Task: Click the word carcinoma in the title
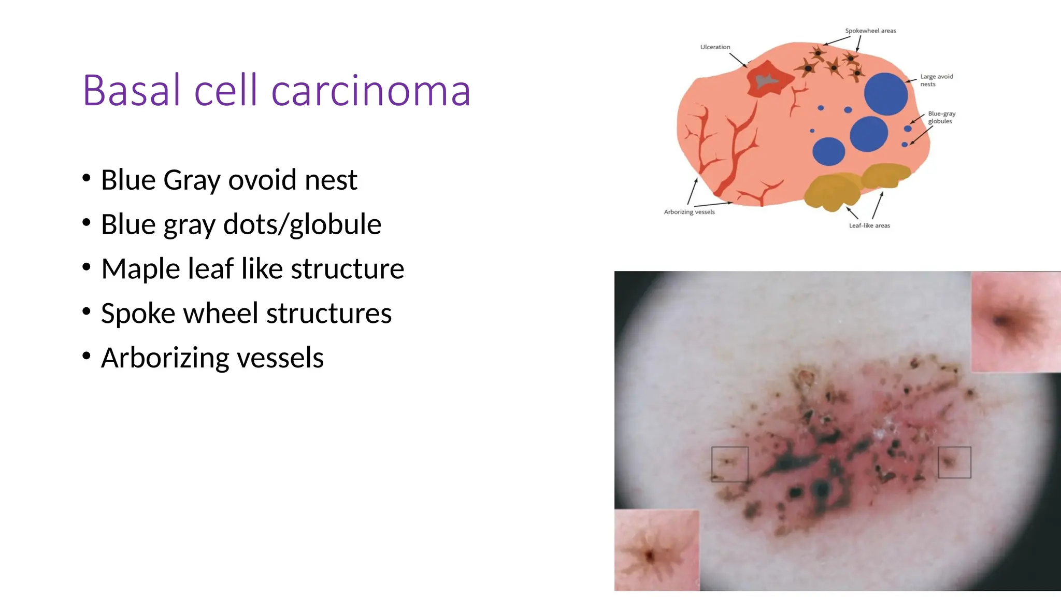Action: coord(370,91)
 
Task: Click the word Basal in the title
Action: coord(132,91)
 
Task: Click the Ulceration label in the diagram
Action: coord(715,47)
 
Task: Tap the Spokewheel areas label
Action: coord(870,31)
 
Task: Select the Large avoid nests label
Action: coord(936,80)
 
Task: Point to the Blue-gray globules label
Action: coord(941,117)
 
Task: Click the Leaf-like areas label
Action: coord(869,225)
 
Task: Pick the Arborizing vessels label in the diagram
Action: coord(689,212)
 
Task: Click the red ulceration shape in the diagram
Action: coord(769,79)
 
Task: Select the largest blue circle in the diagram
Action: coord(885,94)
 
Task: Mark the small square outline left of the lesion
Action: coord(729,464)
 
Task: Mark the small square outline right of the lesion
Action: coord(954,462)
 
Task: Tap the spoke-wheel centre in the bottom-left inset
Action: coord(650,556)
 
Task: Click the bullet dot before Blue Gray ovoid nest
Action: coord(87,178)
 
